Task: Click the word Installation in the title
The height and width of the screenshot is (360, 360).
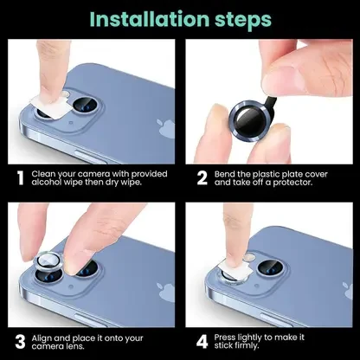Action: coord(150,19)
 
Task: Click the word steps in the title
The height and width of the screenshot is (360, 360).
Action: coord(243,21)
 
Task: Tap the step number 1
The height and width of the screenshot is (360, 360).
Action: coord(20,178)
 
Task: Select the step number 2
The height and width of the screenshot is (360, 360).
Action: coord(202,178)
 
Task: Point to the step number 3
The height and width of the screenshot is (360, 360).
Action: coord(20,342)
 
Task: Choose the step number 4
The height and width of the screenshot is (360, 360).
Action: coord(202,342)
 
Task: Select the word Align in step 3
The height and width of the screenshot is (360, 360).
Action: coord(42,338)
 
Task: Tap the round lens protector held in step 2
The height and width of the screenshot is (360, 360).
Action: coord(251,120)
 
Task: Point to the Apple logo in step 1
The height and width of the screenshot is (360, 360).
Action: coord(166,129)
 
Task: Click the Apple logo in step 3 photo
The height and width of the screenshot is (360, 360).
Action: coord(166,292)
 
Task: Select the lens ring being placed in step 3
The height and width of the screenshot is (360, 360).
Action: coord(48,260)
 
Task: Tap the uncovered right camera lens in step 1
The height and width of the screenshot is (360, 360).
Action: coord(86,105)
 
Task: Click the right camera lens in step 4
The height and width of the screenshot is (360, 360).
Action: coord(271,267)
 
